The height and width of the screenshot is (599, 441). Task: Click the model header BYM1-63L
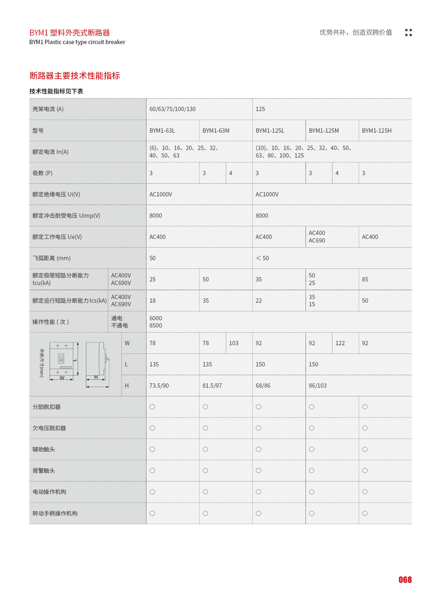[x=162, y=131]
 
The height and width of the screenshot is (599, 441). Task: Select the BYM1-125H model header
[x=377, y=131]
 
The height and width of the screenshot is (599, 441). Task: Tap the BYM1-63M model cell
[x=216, y=131]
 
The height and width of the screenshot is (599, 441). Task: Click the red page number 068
[x=405, y=580]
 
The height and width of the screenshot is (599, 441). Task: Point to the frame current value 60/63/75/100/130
[x=172, y=109]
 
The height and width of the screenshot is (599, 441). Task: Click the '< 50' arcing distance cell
[x=262, y=258]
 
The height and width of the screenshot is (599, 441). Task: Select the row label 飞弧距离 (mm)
[x=52, y=258]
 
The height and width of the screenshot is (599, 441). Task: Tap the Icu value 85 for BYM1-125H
[x=365, y=279]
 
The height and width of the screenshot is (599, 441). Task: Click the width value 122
[x=340, y=343]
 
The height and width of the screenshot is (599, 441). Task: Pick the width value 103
[x=234, y=343]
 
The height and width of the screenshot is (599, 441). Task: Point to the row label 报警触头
[x=44, y=471]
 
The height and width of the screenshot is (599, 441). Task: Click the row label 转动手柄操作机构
[x=55, y=513]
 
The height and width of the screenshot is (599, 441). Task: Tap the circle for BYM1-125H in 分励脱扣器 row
[x=365, y=407]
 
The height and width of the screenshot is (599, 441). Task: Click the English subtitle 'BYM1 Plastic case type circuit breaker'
[x=77, y=42]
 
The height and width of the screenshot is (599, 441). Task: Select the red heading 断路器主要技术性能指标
[x=75, y=75]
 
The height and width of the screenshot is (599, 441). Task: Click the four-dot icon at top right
[x=408, y=33]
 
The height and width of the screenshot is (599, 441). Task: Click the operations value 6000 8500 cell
[x=156, y=322]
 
